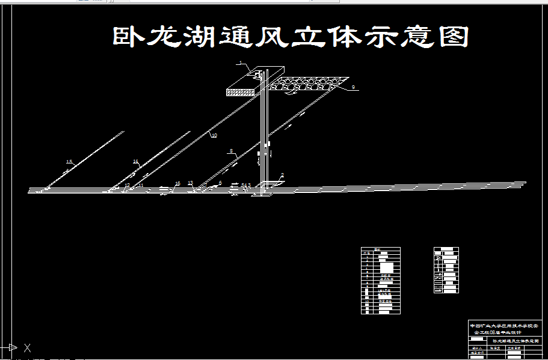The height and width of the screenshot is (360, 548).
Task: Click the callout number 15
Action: [x=69, y=162]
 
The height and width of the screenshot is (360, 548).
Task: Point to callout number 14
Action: [x=136, y=162]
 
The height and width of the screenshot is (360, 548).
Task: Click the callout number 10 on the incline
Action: [x=214, y=136]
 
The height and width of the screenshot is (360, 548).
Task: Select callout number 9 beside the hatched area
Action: [x=354, y=88]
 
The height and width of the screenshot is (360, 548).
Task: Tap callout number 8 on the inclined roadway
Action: [x=230, y=151]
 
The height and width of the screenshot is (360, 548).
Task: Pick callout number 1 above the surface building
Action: [x=239, y=63]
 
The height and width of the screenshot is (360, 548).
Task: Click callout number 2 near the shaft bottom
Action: [x=283, y=175]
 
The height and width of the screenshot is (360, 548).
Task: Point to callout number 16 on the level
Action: [x=177, y=183]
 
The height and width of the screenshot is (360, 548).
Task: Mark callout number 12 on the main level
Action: [x=127, y=185]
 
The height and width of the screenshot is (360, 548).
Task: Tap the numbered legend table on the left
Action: [x=380, y=280]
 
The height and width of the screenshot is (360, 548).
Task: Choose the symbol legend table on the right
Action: [x=446, y=270]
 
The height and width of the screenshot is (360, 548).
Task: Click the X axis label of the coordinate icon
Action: [x=27, y=347]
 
